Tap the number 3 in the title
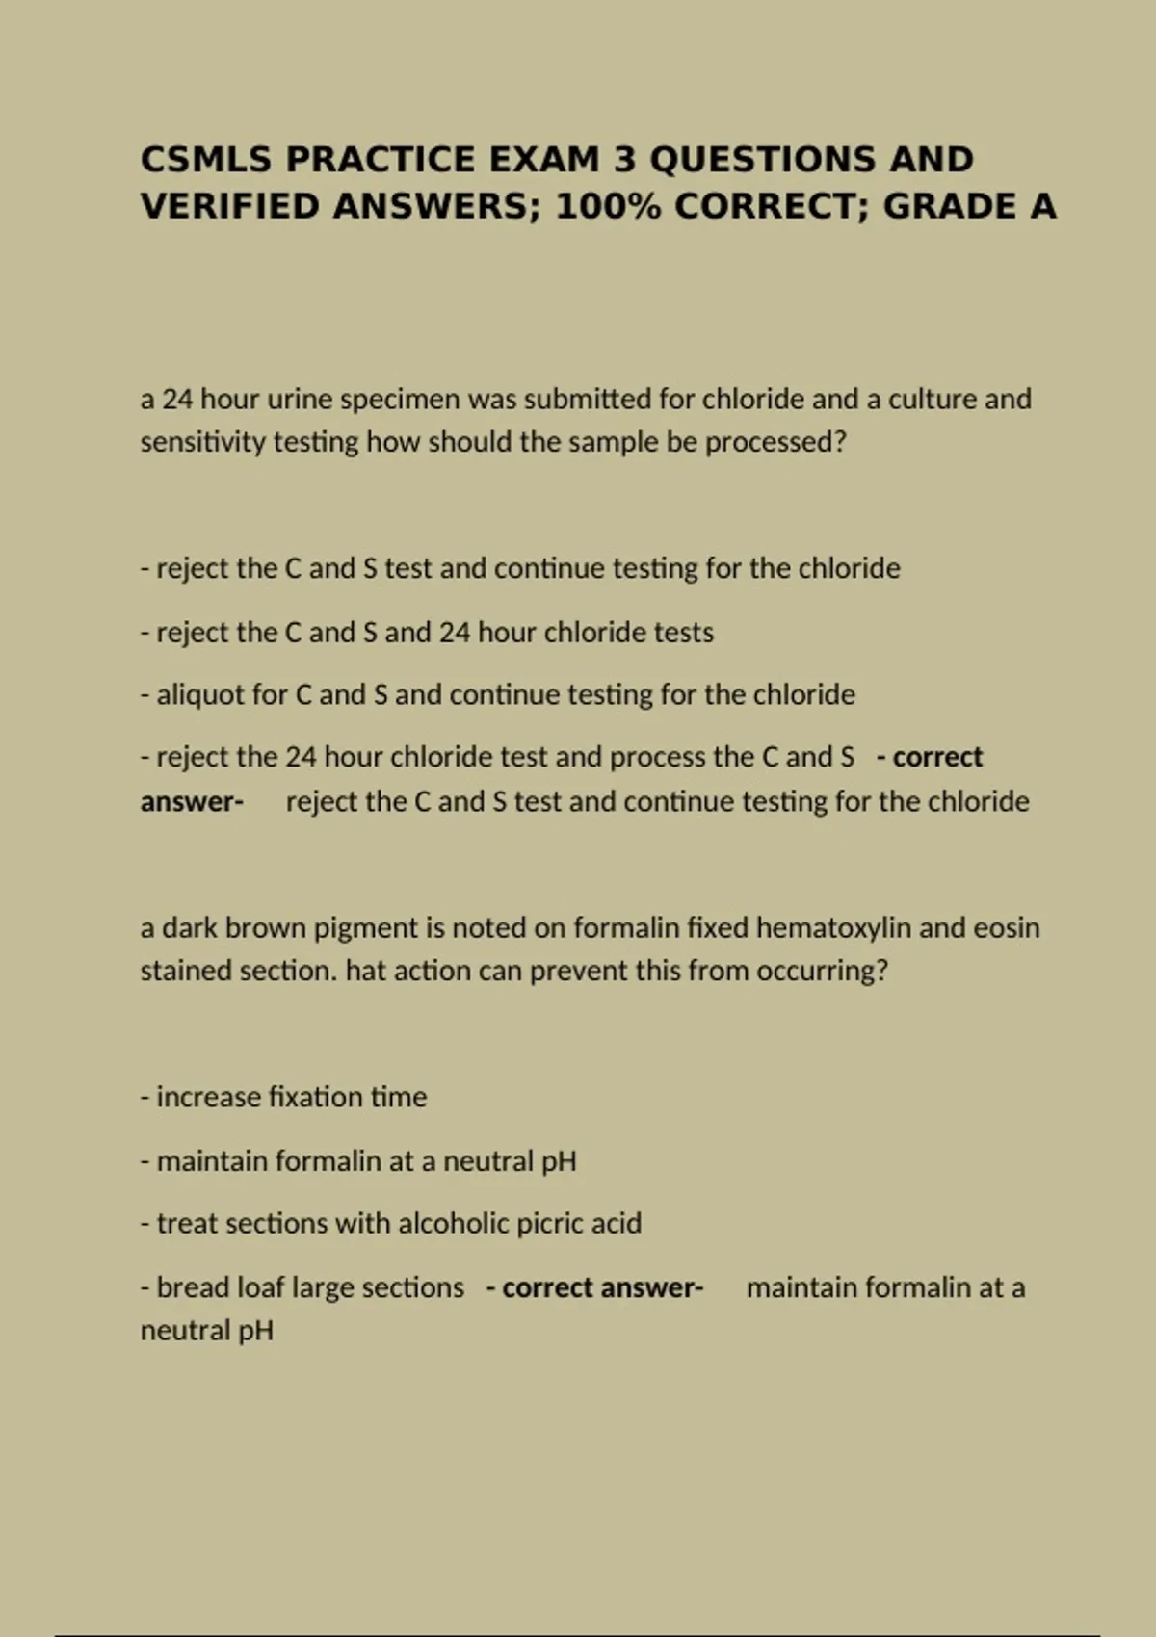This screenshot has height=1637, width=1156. (x=624, y=159)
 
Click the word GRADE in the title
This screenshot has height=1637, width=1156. (x=935, y=206)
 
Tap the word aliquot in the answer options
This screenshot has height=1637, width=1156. (x=199, y=694)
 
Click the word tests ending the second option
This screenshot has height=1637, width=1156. (x=684, y=633)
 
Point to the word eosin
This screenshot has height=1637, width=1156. (x=1006, y=927)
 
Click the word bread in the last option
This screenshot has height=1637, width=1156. (x=188, y=1287)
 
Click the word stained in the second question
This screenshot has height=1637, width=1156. (x=186, y=971)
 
